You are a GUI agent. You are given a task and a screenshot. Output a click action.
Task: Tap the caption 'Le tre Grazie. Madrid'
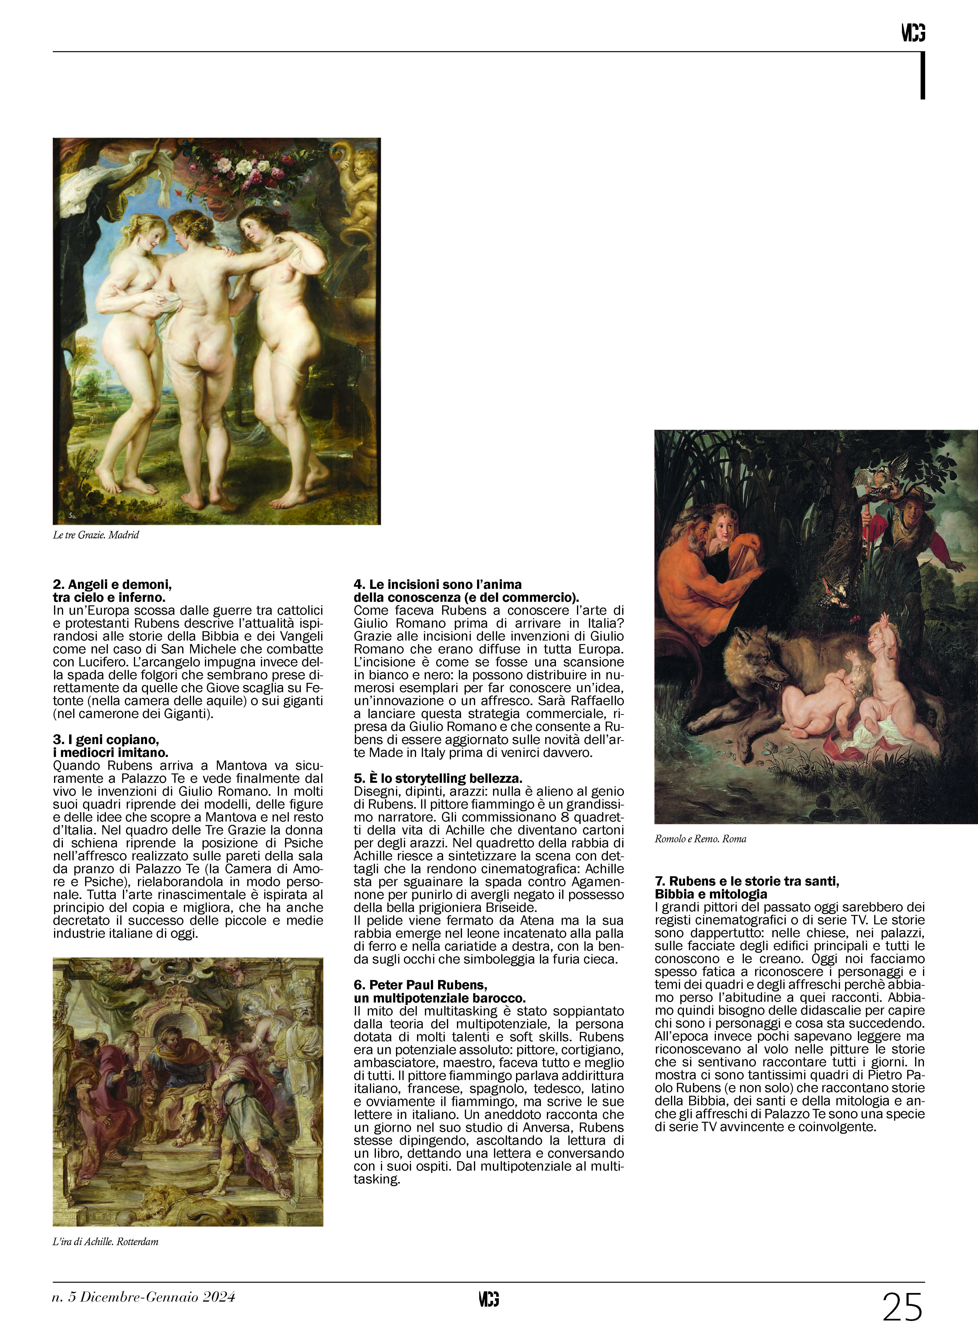[96, 535]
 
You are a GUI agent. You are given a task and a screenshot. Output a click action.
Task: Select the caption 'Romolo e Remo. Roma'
[700, 839]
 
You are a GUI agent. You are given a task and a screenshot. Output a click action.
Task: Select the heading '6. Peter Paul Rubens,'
[420, 985]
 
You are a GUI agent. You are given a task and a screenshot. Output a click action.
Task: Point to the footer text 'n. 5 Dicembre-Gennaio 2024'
[144, 1297]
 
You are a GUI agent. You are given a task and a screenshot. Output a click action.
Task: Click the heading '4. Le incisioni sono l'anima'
[438, 585]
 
